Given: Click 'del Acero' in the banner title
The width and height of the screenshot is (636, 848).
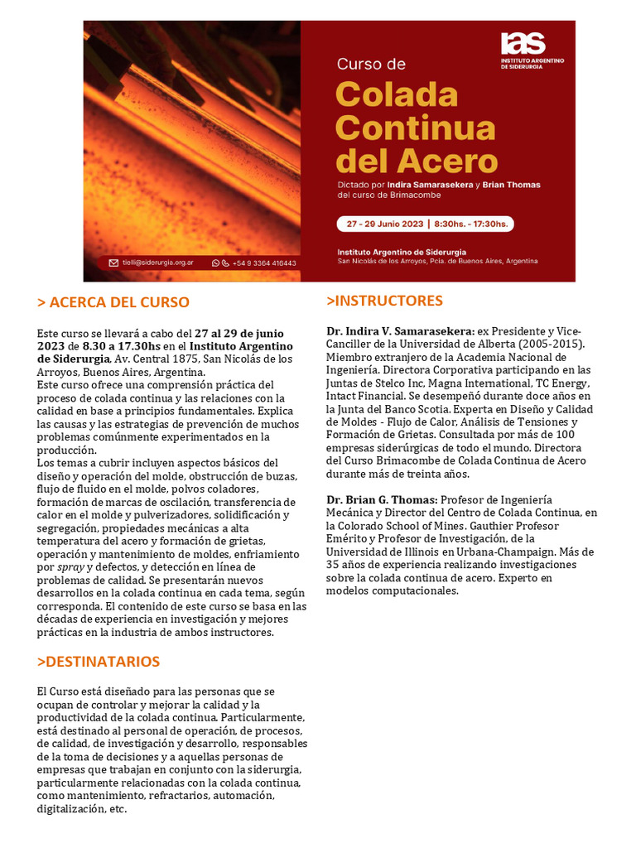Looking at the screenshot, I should coord(417,159).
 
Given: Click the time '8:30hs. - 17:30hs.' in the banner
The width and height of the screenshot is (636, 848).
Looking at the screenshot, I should coord(472,224).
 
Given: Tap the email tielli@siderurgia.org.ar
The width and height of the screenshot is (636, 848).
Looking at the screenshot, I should coord(158,263).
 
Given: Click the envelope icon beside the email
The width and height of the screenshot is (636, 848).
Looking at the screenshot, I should coord(114,263).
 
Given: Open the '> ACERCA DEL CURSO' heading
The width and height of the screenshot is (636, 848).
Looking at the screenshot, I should coord(113,302).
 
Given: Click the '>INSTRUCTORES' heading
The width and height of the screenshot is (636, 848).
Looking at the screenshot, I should coord(385,301).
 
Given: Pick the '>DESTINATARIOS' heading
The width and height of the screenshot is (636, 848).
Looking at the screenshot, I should coord(99,662).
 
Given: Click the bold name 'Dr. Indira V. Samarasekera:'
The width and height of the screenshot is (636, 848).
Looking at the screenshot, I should coord(400,331).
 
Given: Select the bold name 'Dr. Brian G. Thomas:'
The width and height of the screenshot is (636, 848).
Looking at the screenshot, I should coord(382,499).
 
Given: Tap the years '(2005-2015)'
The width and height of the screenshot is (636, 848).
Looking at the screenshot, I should coord(552,344).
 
